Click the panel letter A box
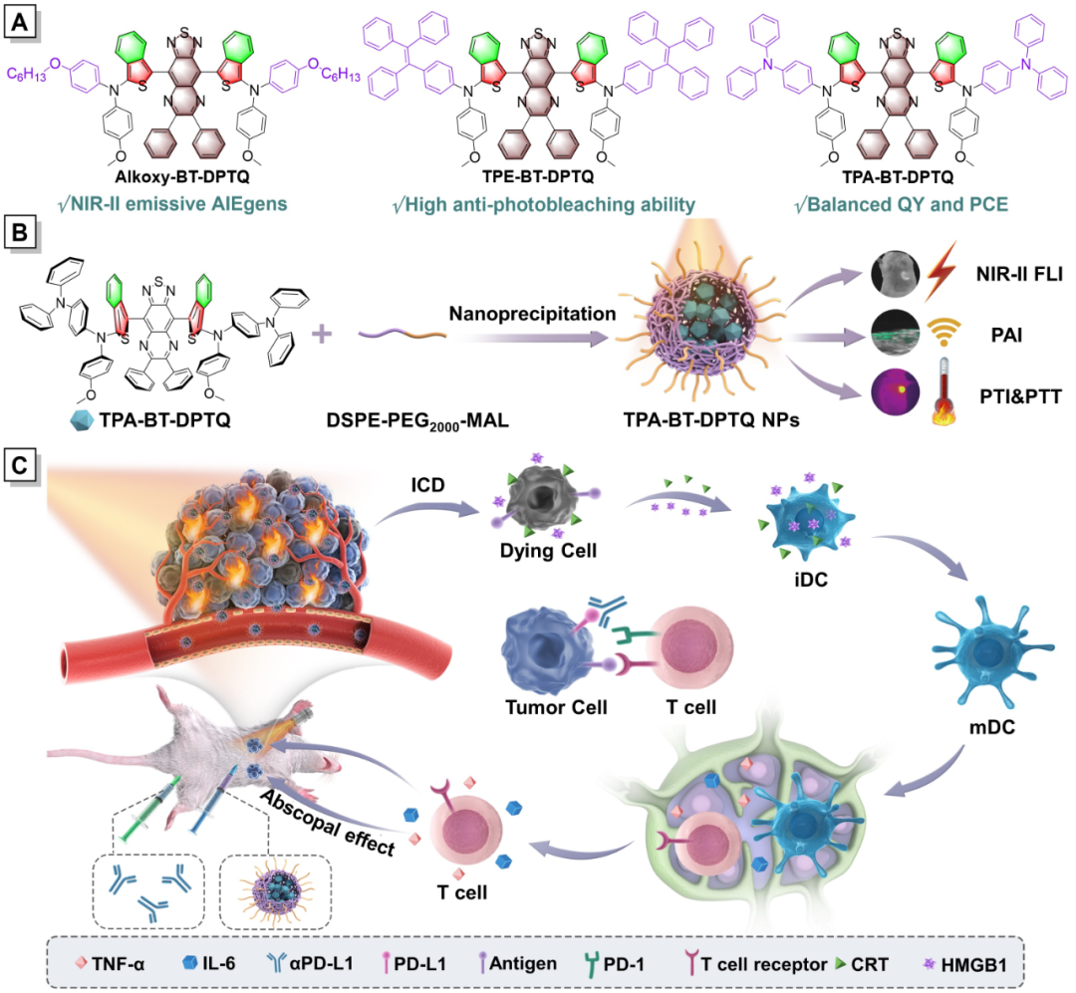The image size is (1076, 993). (x=18, y=19)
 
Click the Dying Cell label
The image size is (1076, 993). (x=542, y=548)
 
